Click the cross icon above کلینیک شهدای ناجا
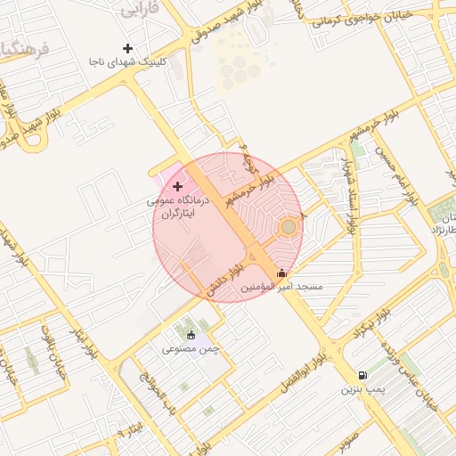(x=127, y=48)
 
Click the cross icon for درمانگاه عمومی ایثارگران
(x=178, y=187)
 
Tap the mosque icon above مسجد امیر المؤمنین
(x=282, y=273)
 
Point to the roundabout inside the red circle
(x=288, y=228)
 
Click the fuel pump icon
(x=362, y=376)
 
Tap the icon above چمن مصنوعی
(x=191, y=335)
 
